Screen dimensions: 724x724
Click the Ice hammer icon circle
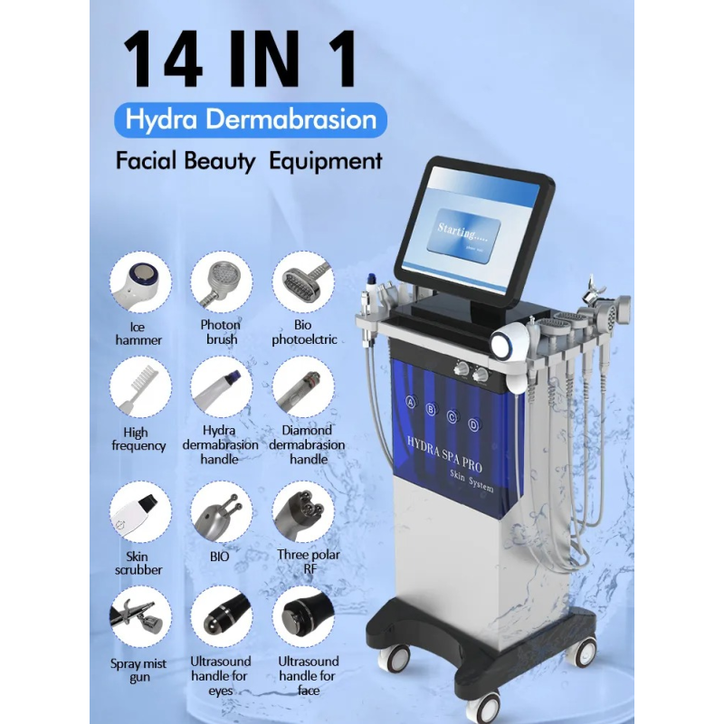click(x=139, y=282)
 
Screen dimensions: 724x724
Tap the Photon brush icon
click(x=221, y=282)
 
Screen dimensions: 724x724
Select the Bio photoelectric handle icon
click(x=303, y=282)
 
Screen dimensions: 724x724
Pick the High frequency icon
click(x=139, y=386)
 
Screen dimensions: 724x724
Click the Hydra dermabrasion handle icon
click(x=221, y=386)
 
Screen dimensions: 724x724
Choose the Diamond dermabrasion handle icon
click(x=303, y=386)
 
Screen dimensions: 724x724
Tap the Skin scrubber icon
click(x=139, y=513)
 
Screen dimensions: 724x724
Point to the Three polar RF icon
click(x=303, y=513)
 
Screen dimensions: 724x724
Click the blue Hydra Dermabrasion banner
click(x=251, y=119)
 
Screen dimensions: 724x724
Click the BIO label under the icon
click(x=218, y=557)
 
